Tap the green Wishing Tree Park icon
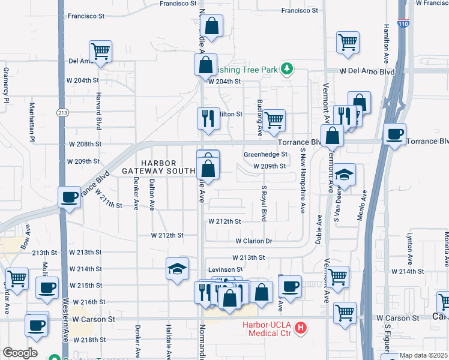click(x=287, y=69)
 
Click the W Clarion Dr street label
click(x=254, y=241)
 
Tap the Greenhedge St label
click(x=266, y=154)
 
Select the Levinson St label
click(x=225, y=270)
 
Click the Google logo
click(x=20, y=353)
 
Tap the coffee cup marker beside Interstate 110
click(x=394, y=134)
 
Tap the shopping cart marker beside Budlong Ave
click(x=274, y=119)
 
